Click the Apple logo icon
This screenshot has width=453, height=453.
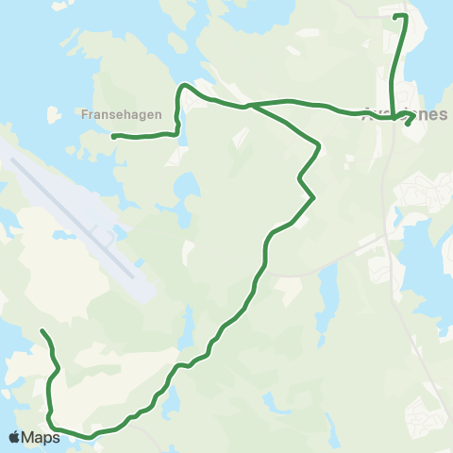pyautogui.click(x=14, y=437)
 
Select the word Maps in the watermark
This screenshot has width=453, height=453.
pyautogui.click(x=40, y=437)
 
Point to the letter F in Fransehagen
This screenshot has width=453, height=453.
pyautogui.click(x=86, y=112)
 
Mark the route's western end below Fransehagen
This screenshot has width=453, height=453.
pyautogui.click(x=114, y=137)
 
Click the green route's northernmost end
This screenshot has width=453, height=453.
pyautogui.click(x=395, y=16)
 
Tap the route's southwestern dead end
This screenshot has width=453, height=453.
pyautogui.click(x=42, y=331)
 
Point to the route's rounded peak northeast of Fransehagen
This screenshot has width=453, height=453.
pyautogui.click(x=186, y=86)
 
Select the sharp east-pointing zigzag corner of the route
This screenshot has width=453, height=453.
pyautogui.click(x=312, y=197)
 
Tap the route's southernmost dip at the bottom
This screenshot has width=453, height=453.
pyautogui.click(x=91, y=437)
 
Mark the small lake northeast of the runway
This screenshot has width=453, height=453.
pyautogui.click(x=183, y=184)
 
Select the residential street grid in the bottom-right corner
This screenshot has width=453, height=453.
pyautogui.click(x=424, y=415)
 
